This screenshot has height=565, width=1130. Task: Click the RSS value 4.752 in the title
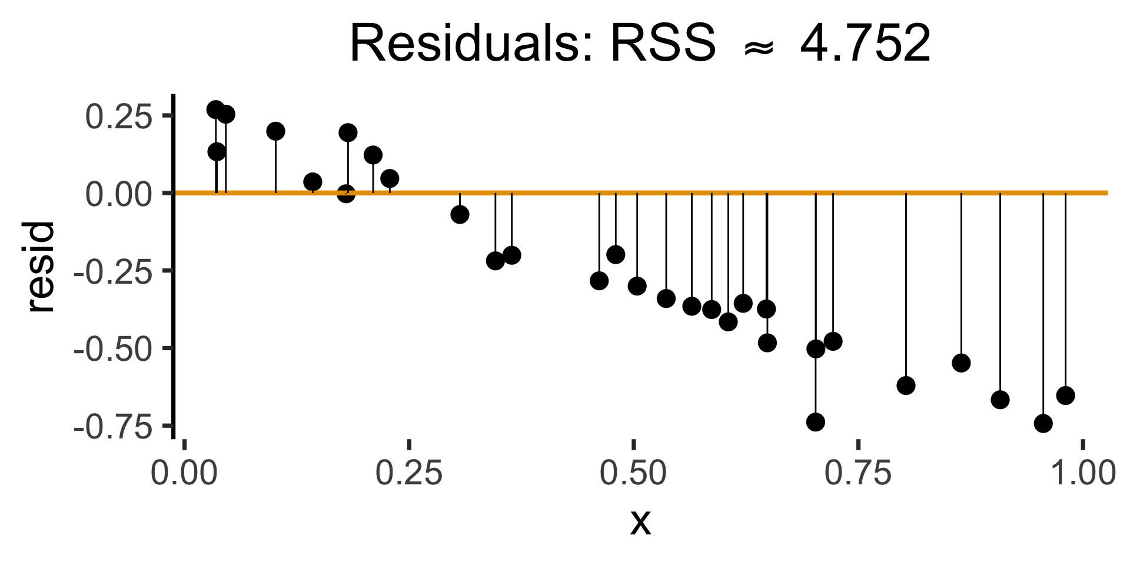865,45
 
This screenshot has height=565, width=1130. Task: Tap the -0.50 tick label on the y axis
112,349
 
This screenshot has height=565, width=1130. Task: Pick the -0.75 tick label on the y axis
112,427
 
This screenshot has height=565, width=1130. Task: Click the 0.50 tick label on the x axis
633,474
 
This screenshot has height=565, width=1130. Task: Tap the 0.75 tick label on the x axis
858,474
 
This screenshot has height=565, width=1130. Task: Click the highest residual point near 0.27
215,109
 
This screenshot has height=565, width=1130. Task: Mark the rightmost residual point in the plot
1065,395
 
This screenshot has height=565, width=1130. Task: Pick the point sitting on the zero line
346,194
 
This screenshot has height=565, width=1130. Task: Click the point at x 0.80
906,386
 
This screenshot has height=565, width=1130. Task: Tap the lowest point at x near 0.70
816,422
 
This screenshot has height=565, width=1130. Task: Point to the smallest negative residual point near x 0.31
460,215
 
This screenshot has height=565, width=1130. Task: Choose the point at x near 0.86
961,363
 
